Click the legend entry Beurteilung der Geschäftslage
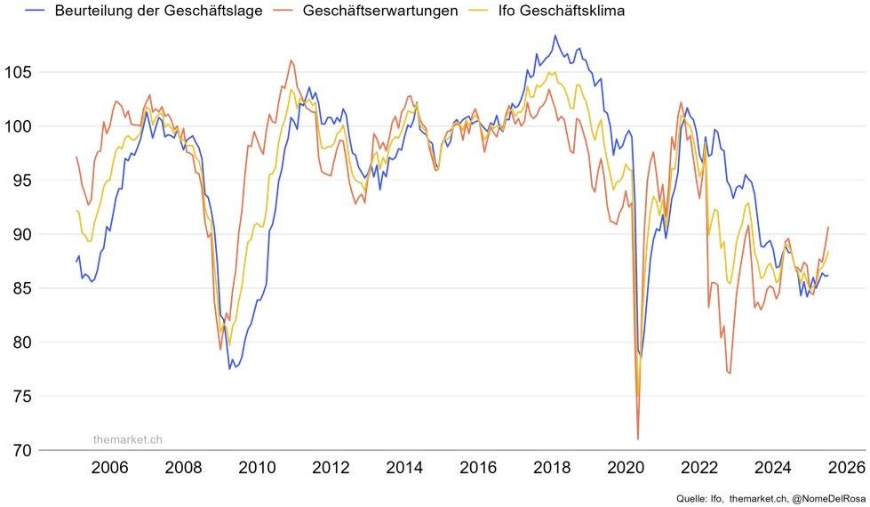tap(158, 11)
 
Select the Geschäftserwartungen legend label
tap(380, 11)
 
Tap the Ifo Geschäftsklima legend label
tap(561, 11)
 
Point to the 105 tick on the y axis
tap(18, 72)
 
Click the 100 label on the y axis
tap(18, 126)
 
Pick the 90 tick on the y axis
tap(22, 234)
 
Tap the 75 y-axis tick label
tap(22, 397)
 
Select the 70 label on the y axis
tap(22, 450)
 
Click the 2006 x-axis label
tap(109, 468)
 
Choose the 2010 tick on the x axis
tap(257, 468)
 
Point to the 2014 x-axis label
tap(404, 468)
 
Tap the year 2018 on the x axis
tap(552, 468)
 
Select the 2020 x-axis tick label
tap(626, 468)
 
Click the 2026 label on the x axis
tap(847, 468)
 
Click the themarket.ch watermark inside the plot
tap(128, 439)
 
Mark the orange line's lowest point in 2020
tap(638, 439)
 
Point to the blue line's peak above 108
tap(555, 36)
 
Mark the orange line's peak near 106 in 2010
tap(291, 60)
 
